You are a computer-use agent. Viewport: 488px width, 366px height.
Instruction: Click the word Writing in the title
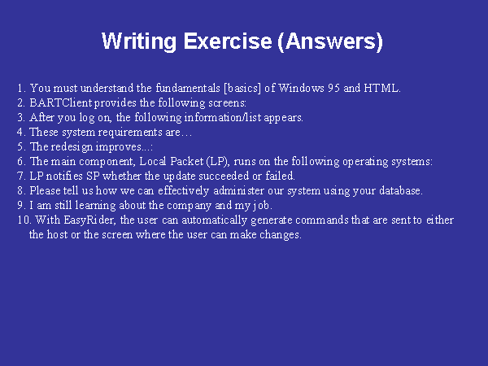139,41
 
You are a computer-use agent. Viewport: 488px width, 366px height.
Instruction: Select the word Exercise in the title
228,41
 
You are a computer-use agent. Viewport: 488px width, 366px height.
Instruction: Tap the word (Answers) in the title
330,41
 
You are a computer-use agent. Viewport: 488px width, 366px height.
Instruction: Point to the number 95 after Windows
333,88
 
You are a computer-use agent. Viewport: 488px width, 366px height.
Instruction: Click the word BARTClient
61,102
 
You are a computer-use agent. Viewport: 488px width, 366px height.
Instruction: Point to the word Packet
187,161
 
